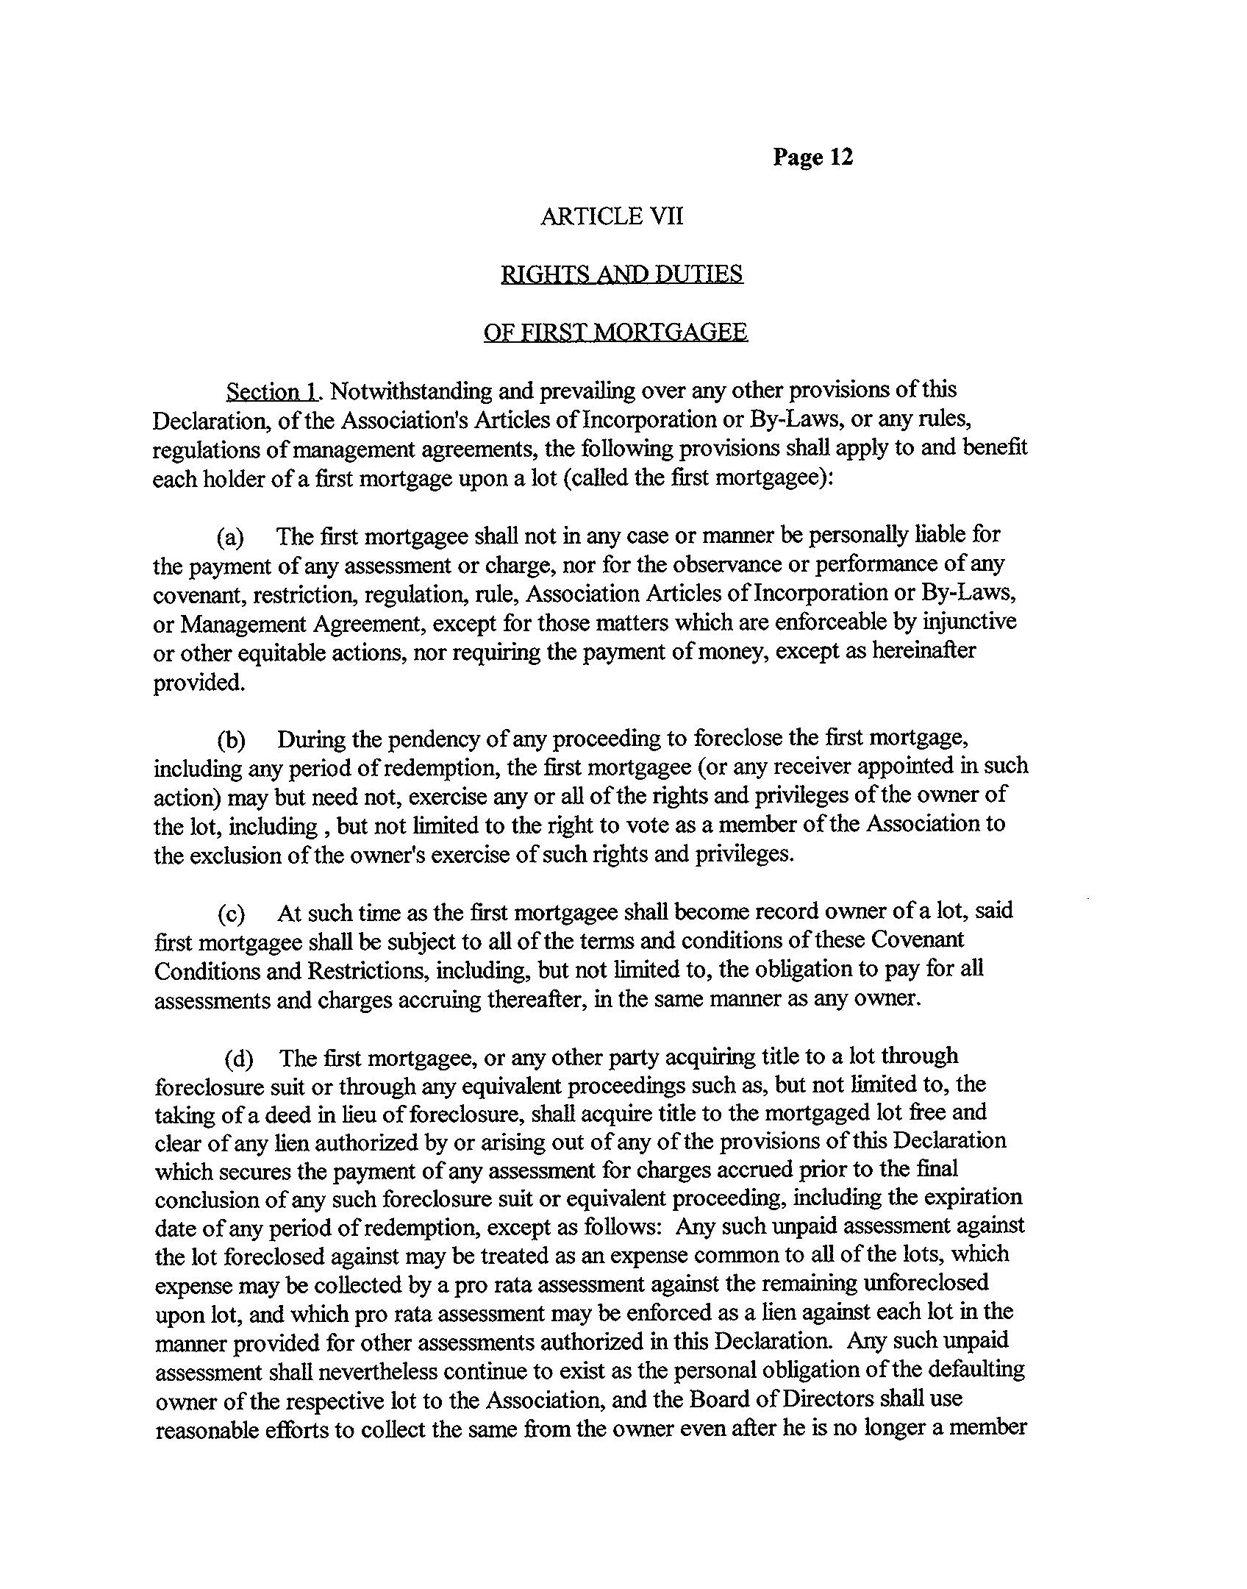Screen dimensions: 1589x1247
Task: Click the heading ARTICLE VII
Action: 611,216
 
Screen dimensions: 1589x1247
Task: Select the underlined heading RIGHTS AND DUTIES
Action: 621,274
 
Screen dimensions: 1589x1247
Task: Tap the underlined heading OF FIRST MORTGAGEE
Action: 615,333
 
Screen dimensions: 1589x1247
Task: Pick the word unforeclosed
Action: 926,1283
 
